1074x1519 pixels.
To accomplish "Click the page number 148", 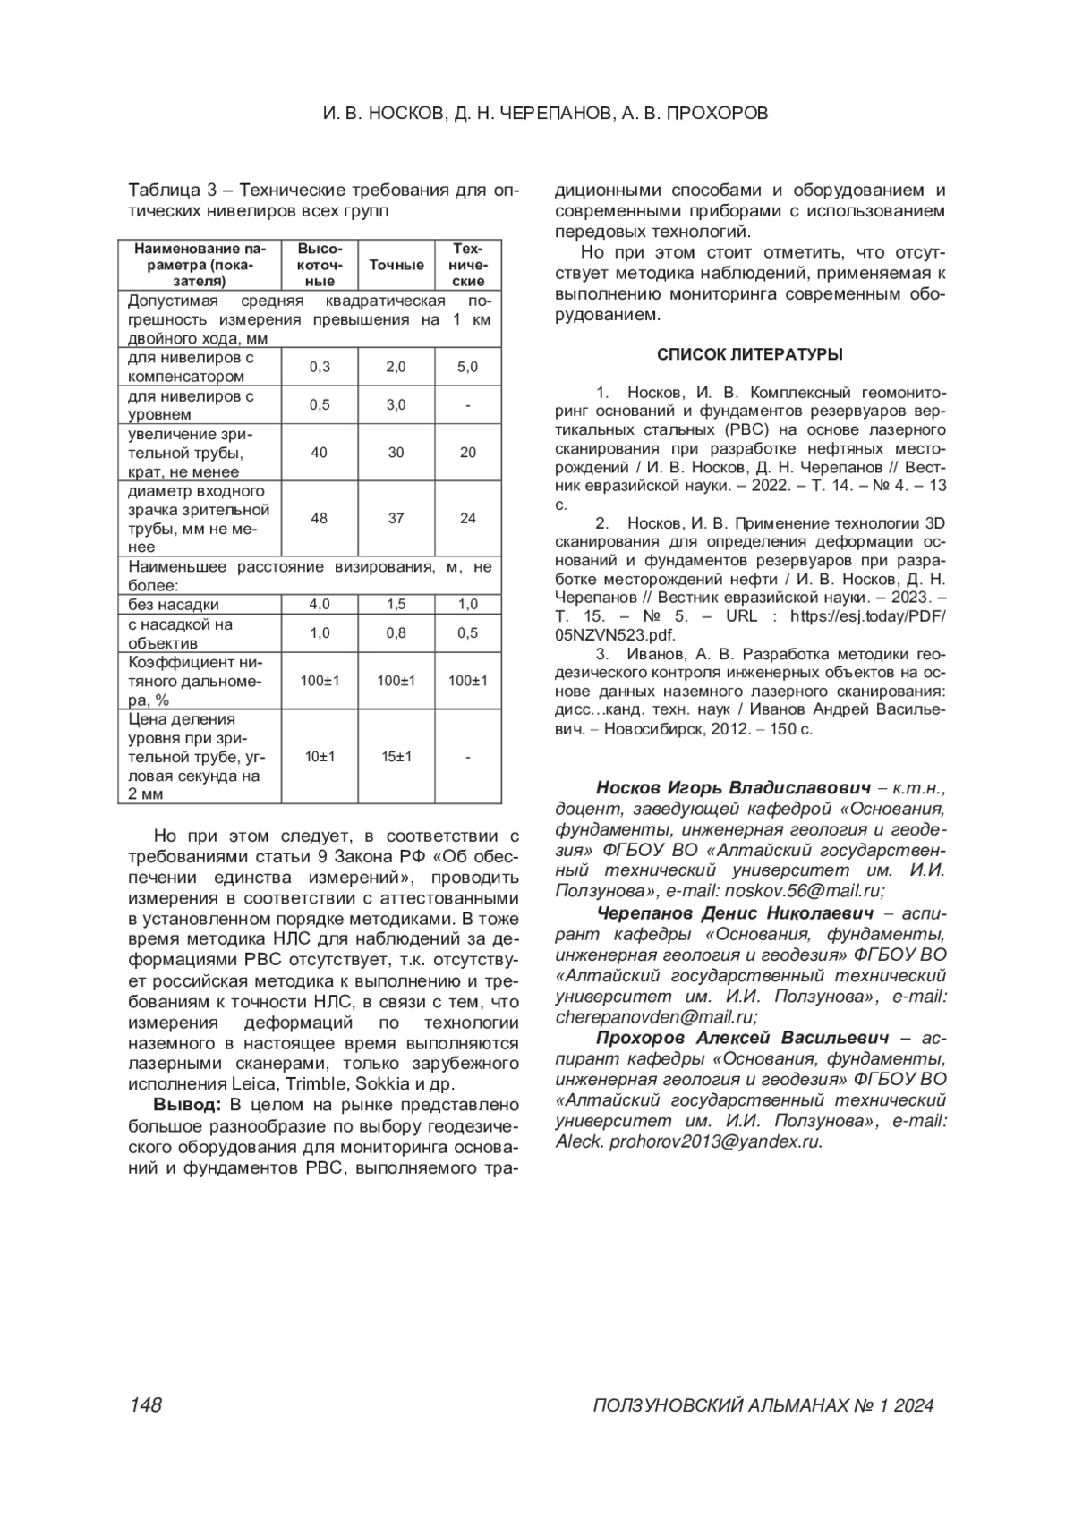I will coord(145,1405).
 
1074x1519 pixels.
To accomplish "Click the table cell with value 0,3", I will coord(320,367).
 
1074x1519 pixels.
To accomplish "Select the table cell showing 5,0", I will coord(467,367).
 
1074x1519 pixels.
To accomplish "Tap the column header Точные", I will coord(396,265).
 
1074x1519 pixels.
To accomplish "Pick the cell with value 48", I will coord(320,518).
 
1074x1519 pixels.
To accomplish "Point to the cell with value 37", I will coord(396,518).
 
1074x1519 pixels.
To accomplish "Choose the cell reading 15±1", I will coord(396,757).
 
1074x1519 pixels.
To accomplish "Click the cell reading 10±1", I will coord(320,757).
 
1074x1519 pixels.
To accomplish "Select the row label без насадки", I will coord(174,605).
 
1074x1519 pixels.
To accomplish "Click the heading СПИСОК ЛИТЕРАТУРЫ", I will coord(749,354).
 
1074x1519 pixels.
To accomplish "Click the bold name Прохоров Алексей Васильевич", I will coord(742,1038).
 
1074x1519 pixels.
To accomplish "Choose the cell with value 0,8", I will coord(396,633).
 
